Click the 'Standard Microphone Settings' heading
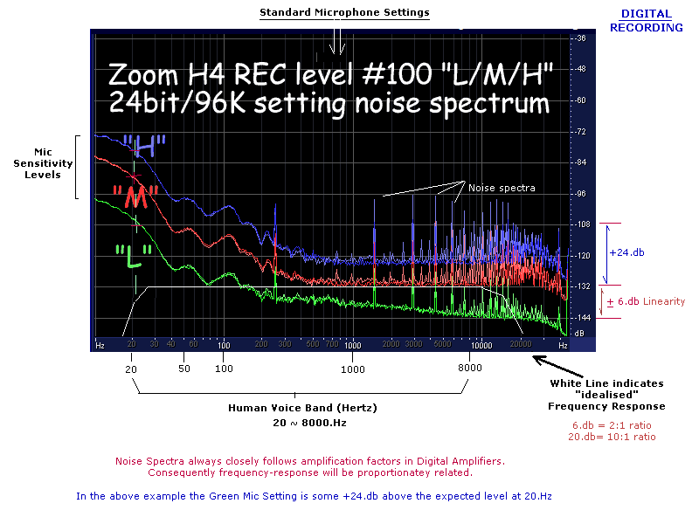click(x=344, y=12)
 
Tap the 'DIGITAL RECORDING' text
click(x=647, y=20)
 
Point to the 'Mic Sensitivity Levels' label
click(x=37, y=163)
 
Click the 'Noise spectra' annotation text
click(x=501, y=188)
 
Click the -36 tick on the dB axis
click(x=579, y=38)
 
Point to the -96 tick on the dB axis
click(x=579, y=193)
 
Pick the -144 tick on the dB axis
click(x=579, y=318)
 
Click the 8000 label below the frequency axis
click(x=469, y=369)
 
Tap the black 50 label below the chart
click(x=183, y=369)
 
